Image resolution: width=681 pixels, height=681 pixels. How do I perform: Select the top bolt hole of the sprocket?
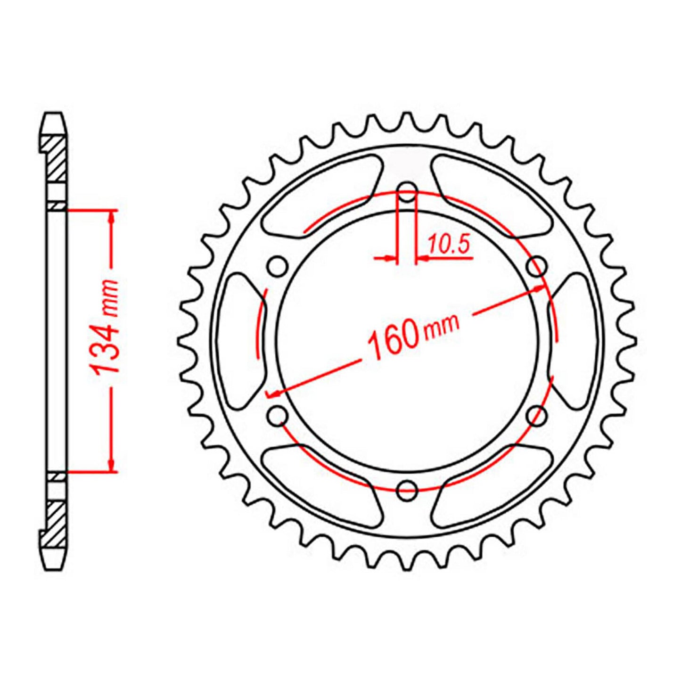pos(407,191)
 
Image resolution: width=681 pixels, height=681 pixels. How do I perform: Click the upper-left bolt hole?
pos(278,266)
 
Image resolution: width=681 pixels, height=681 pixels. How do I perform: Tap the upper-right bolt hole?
pos(537,266)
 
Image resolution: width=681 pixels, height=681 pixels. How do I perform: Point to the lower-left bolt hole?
pos(278,416)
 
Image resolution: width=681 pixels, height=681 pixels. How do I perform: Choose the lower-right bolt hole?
pos(537,416)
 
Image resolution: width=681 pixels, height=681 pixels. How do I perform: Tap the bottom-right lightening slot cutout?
pos(495,488)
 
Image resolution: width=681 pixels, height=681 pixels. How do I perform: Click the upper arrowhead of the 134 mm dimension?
pos(112,215)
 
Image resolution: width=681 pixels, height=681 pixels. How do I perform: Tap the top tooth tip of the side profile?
pos(53,115)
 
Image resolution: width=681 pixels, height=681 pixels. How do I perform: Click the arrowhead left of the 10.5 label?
pos(389,258)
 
